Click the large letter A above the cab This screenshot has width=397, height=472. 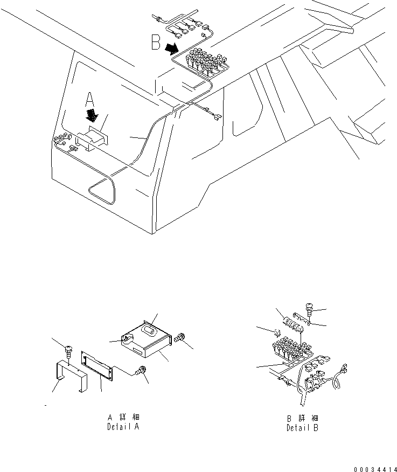[90, 99]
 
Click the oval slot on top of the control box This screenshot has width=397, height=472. [146, 329]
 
